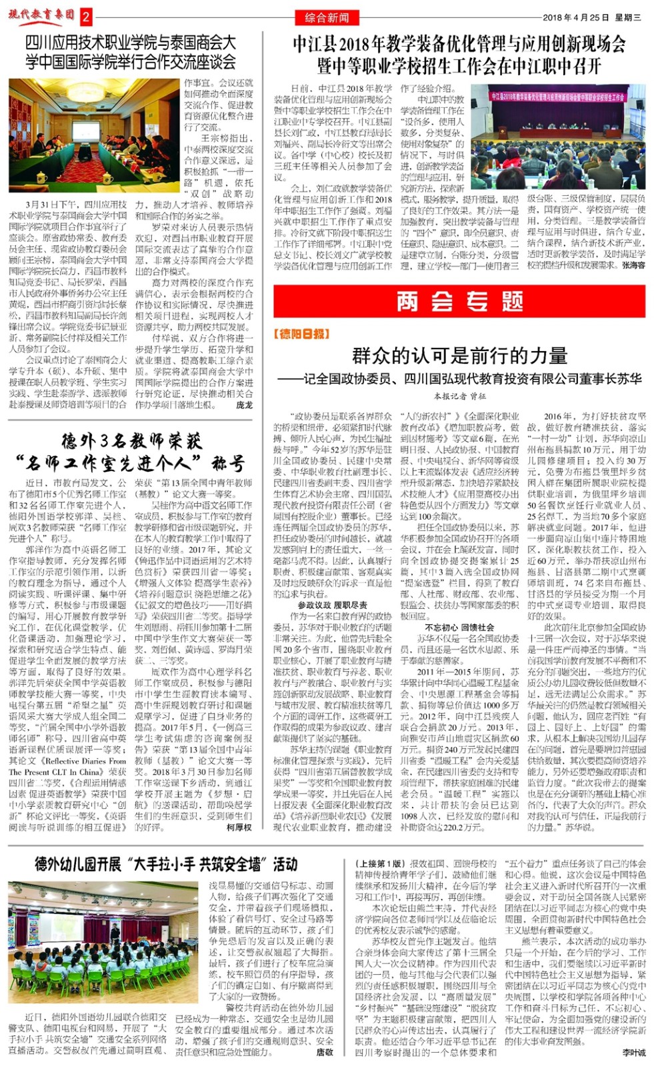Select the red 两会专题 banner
(460, 302)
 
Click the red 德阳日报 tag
(301, 334)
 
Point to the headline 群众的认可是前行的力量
(460, 355)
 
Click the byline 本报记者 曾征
(460, 396)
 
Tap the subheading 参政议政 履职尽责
(332, 605)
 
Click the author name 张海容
(633, 265)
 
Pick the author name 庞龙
(244, 404)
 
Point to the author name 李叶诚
(634, 1053)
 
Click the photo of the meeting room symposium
(94, 135)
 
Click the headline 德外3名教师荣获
(131, 440)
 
